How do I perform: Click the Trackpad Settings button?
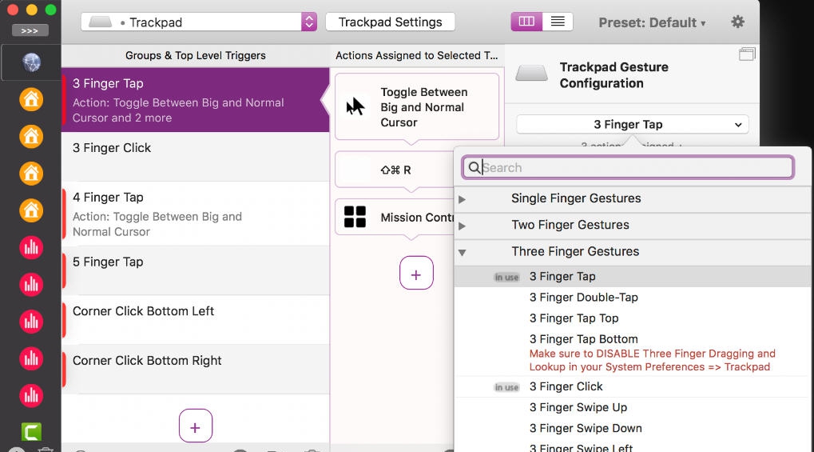click(390, 22)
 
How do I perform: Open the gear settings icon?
click(737, 22)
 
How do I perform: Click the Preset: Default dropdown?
click(652, 22)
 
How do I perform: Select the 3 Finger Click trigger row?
click(195, 156)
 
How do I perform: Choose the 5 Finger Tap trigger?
click(195, 270)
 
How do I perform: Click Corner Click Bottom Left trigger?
click(195, 319)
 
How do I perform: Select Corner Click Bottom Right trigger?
click(195, 369)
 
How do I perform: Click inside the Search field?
click(631, 167)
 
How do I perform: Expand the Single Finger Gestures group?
click(462, 198)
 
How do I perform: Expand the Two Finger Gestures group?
click(462, 226)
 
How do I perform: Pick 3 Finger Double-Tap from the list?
click(583, 297)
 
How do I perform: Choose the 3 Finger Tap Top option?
click(574, 318)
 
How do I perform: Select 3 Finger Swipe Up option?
click(578, 407)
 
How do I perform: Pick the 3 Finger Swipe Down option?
click(586, 428)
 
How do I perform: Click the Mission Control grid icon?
click(355, 217)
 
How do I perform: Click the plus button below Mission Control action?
click(416, 274)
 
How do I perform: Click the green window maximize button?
click(51, 10)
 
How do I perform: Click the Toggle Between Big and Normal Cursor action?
click(416, 107)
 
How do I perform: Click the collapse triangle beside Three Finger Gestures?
click(462, 252)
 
